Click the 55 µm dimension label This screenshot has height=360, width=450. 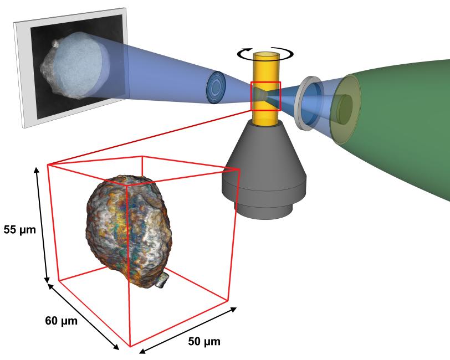pos(19,230)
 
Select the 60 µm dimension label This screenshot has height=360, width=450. pos(61,321)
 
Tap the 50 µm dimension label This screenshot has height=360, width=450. pos(204,341)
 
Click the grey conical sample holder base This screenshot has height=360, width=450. pos(264,169)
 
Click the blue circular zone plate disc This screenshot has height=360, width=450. pos(216,88)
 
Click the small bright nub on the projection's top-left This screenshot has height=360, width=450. pos(55,43)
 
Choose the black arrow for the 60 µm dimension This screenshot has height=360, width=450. pos(83,317)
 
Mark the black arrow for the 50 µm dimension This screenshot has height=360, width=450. pos(188,331)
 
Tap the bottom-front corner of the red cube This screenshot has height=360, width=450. pos(130,347)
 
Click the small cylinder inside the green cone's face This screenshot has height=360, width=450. pos(344,110)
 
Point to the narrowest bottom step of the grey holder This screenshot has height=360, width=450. pos(263,211)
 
